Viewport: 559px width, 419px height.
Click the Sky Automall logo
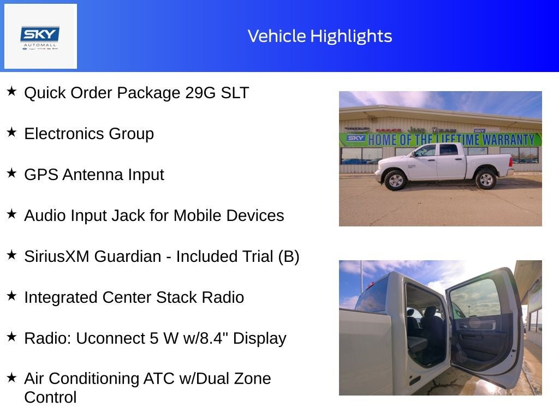tap(40, 37)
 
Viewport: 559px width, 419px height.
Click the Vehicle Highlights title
tap(320, 36)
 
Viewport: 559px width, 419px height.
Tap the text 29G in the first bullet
tap(200, 93)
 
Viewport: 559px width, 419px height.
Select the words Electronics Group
tap(89, 134)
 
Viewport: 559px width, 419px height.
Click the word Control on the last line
tap(50, 397)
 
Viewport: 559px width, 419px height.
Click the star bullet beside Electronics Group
tap(11, 132)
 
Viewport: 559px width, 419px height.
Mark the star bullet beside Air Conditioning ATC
tap(11, 377)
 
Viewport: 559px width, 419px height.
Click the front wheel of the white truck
tap(395, 179)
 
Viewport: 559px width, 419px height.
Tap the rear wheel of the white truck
tap(485, 178)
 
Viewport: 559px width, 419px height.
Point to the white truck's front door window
tap(426, 151)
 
